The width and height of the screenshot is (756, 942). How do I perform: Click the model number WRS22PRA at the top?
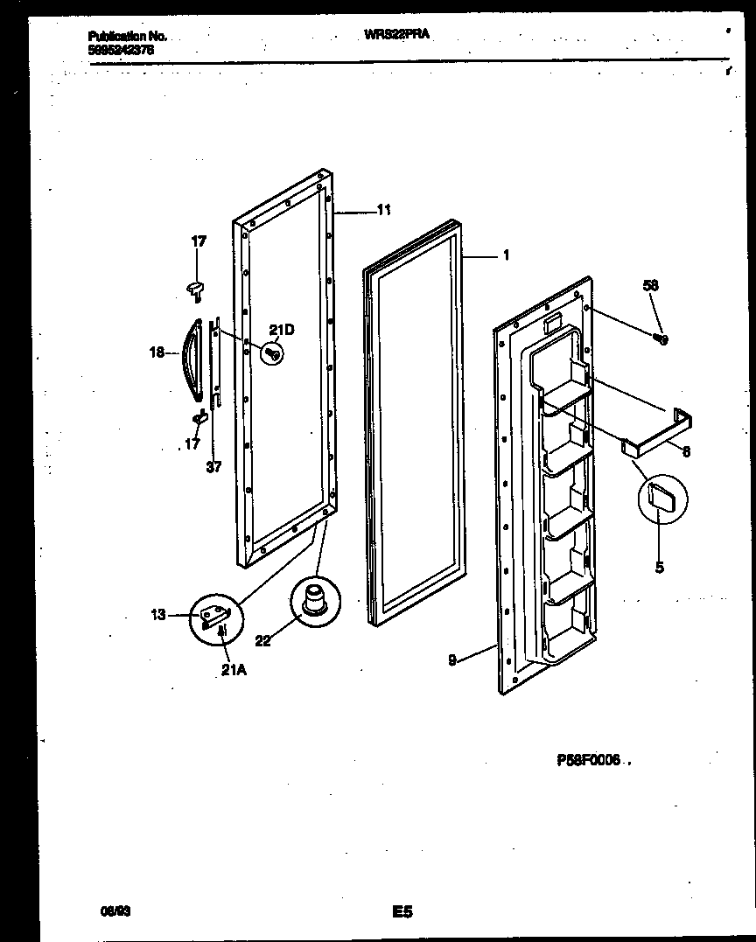coord(395,34)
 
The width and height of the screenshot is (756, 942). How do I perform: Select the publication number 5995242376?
coord(122,52)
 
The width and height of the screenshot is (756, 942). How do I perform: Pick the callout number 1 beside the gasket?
coord(506,256)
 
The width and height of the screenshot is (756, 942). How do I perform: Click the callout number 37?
coord(213,468)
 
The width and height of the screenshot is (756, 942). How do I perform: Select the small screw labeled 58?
coord(662,339)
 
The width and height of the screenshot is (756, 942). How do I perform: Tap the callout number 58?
coord(650,286)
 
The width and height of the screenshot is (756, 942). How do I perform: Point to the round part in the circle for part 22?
coord(313,602)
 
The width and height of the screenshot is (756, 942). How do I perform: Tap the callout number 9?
coord(452,660)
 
